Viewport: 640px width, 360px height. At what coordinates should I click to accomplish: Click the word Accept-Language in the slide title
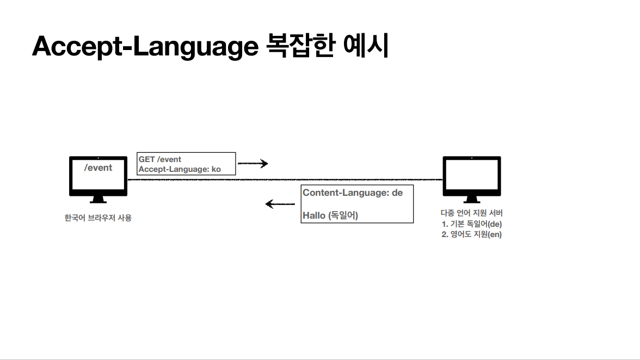coord(144,47)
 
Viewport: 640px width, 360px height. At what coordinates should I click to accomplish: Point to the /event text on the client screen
coord(99,167)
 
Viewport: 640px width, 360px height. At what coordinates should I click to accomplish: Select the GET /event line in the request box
coord(160,159)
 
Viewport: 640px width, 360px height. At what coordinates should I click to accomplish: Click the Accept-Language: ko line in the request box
coord(180,169)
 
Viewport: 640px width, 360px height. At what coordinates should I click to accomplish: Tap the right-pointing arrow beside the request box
coord(254,163)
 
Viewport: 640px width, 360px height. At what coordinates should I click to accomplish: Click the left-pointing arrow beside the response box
coord(280,204)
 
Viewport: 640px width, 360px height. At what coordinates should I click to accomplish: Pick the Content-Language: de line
coord(353,193)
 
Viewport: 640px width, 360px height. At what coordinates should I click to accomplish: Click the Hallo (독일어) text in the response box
coord(330,215)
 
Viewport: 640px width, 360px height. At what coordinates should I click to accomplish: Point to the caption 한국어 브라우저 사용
coord(98,218)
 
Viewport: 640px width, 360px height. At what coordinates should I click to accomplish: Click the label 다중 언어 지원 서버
coord(471,213)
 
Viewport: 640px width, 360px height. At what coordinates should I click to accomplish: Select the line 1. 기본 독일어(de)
coord(471,224)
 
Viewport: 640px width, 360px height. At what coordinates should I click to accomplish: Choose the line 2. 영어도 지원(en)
coord(471,235)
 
